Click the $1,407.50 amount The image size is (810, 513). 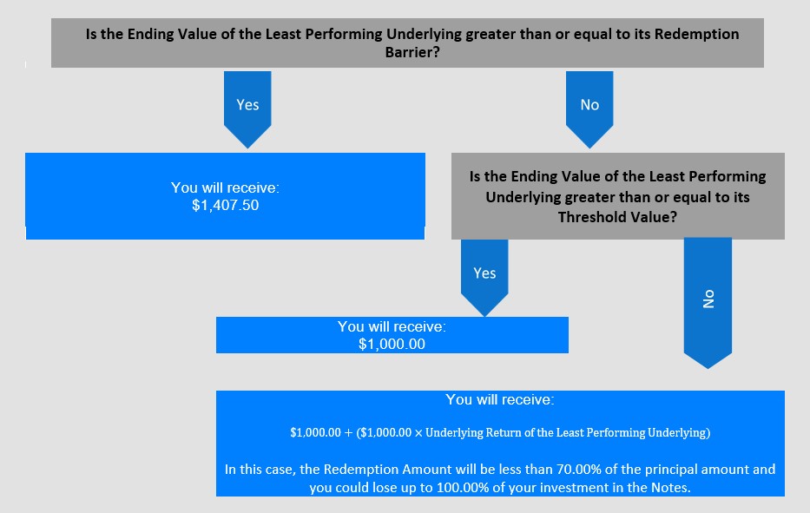click(x=225, y=205)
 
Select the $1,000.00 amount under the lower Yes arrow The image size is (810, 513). click(x=392, y=344)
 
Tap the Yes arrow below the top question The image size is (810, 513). click(x=247, y=109)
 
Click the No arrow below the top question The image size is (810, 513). click(x=589, y=109)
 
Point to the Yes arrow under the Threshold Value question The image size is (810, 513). click(x=484, y=278)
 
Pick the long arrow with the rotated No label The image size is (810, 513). click(x=708, y=303)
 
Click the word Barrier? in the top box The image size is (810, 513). click(x=412, y=52)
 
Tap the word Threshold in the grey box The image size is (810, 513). click(x=588, y=217)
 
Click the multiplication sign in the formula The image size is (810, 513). click(x=418, y=433)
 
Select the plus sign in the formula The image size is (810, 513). click(x=349, y=433)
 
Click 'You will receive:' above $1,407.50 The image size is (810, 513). click(x=225, y=187)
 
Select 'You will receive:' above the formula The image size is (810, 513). click(x=500, y=399)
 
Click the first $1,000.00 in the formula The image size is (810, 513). click(x=316, y=433)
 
